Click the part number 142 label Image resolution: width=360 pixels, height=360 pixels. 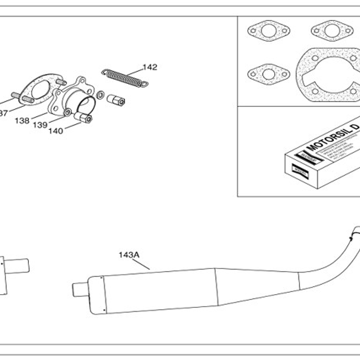pos(150,67)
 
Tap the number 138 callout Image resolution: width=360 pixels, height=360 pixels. pos(22,121)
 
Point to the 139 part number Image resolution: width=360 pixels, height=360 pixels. pos(40,125)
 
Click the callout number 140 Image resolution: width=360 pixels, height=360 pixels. pos(55,131)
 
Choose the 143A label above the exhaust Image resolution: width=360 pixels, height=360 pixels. pos(129,255)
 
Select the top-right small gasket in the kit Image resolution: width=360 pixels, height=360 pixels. pos(332,31)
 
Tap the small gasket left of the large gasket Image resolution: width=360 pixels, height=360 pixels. pos(269,73)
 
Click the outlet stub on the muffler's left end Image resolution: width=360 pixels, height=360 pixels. pos(80,289)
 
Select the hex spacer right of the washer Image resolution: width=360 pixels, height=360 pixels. pos(116,100)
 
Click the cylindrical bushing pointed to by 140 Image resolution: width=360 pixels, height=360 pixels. pos(84,117)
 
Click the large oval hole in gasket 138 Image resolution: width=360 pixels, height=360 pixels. pos(41,90)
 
